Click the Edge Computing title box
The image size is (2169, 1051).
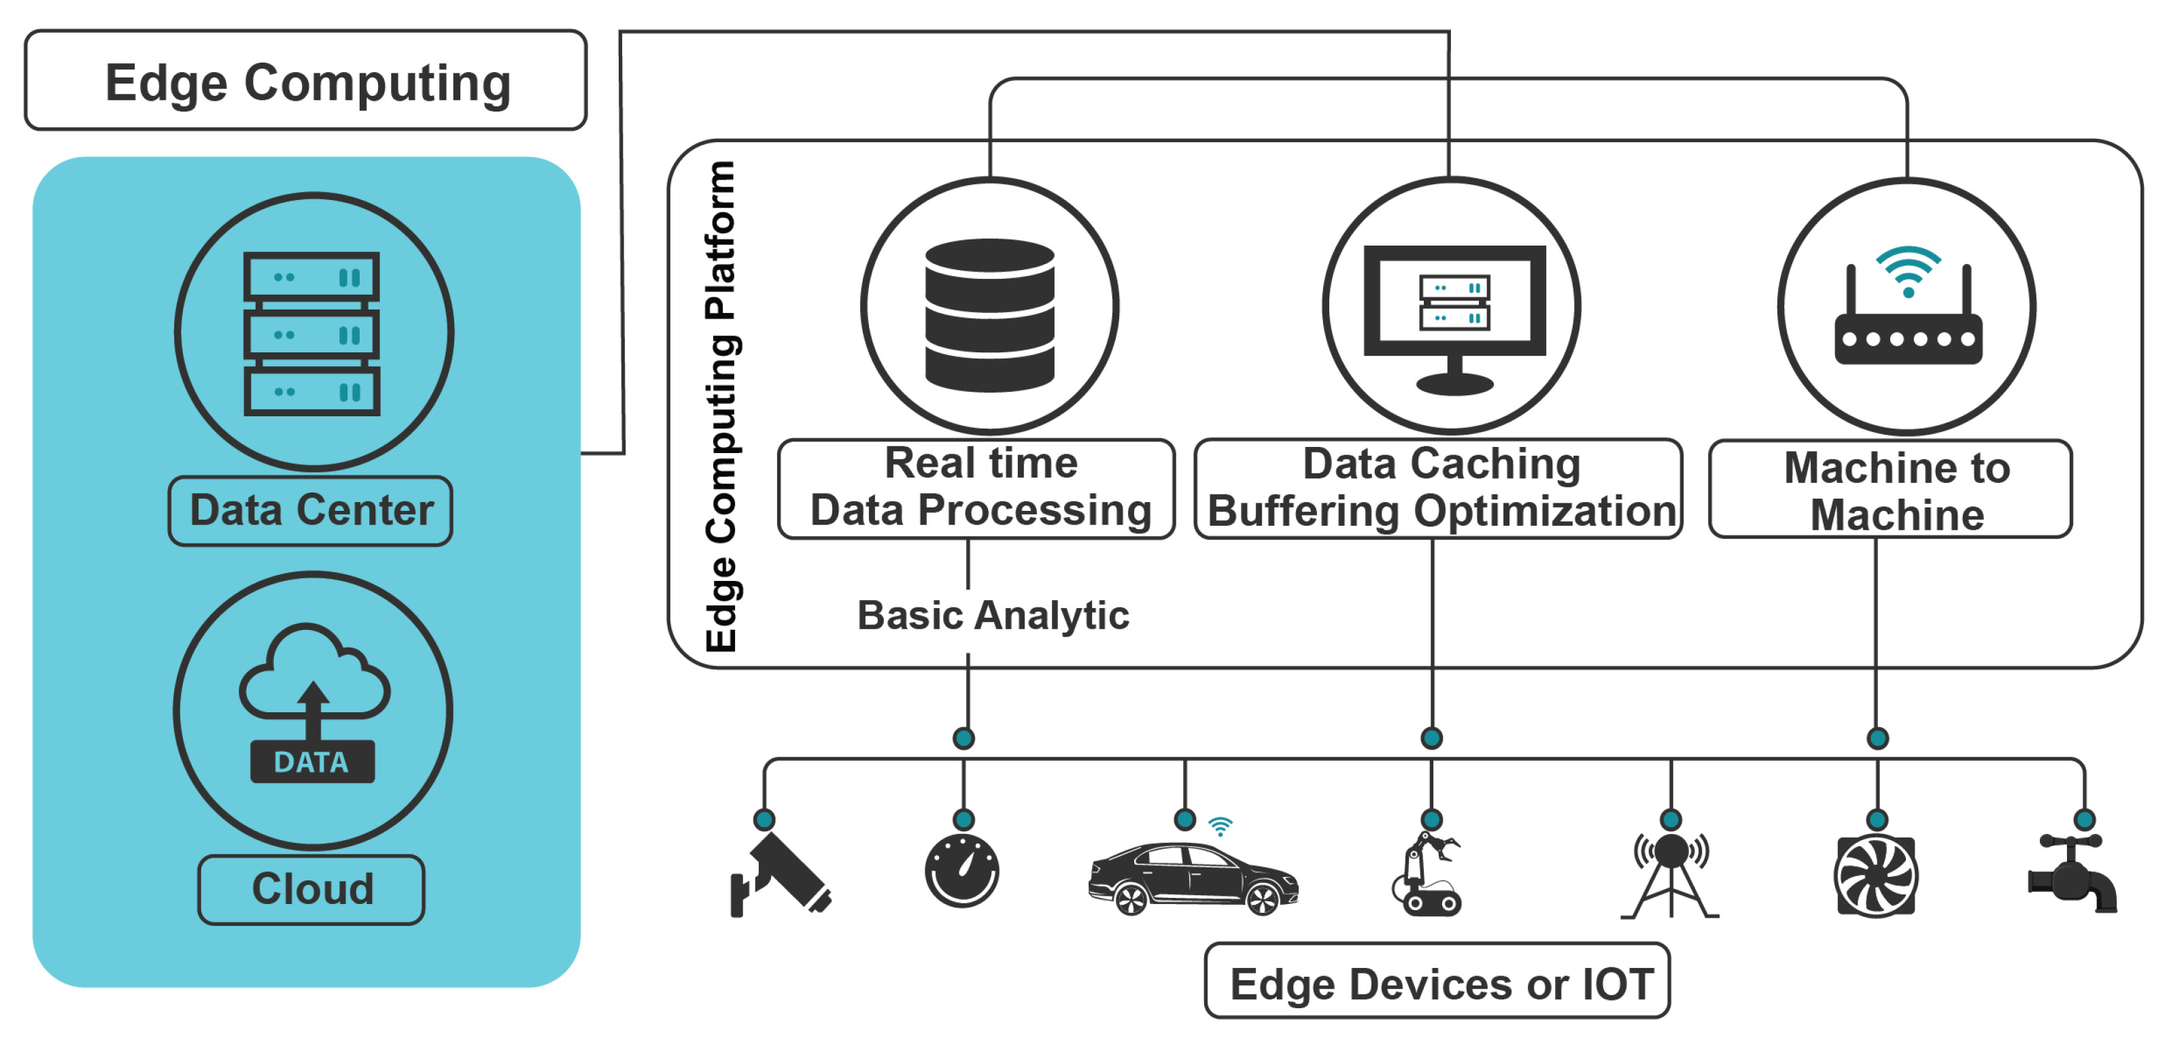306,81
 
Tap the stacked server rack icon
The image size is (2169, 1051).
311,333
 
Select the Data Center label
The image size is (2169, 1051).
311,510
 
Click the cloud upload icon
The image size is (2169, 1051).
313,673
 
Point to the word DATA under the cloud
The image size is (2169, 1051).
311,762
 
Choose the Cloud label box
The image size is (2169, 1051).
311,889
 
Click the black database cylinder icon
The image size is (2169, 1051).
989,315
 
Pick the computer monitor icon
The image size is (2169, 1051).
1454,316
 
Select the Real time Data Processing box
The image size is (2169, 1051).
976,488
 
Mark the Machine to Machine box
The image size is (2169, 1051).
1890,490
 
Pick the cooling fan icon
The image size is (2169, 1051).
1876,876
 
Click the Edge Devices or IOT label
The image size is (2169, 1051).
1437,983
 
